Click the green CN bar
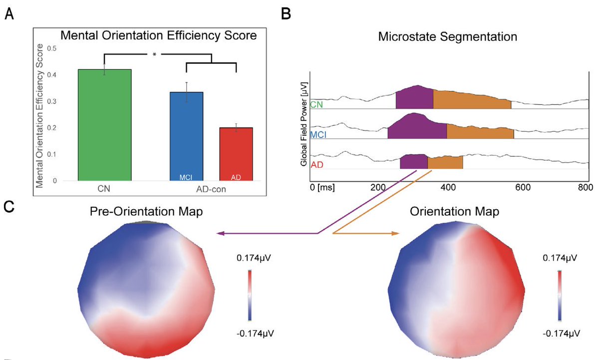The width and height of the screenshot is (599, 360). tap(104, 125)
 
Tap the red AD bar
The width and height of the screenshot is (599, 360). tap(236, 152)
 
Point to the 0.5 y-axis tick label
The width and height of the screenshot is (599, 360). tap(51, 48)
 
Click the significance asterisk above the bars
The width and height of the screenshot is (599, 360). tap(155, 55)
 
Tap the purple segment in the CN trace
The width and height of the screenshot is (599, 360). tap(414, 97)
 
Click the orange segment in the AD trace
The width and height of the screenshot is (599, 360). tap(445, 163)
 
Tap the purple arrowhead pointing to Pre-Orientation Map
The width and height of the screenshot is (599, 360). tap(220, 233)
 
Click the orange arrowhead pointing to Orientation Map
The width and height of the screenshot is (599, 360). tap(396, 233)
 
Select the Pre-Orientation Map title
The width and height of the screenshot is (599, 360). tap(146, 211)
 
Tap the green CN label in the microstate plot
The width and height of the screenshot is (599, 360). tap(316, 104)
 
